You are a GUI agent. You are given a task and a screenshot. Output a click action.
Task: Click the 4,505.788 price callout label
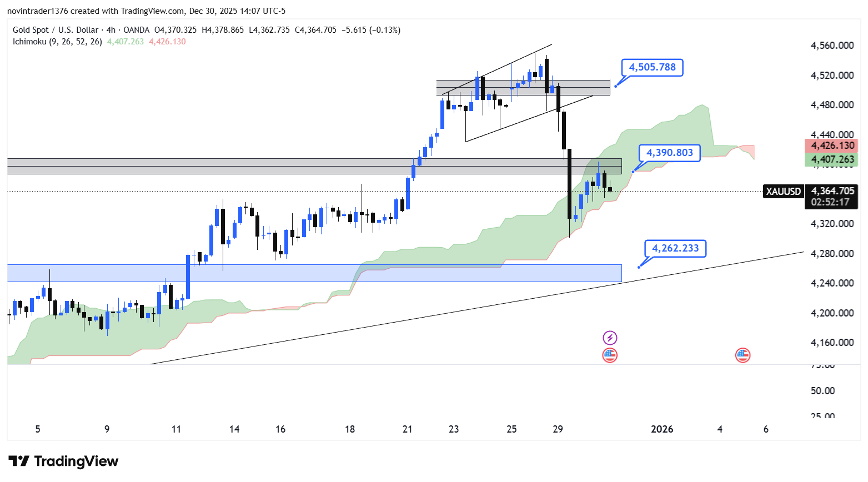[652, 68]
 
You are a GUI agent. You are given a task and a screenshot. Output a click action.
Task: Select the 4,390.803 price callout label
[669, 153]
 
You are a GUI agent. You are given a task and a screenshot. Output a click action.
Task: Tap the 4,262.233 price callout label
[675, 248]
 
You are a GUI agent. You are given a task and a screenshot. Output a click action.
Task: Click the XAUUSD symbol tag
[784, 192]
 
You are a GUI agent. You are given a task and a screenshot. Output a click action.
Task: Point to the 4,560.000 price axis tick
[832, 46]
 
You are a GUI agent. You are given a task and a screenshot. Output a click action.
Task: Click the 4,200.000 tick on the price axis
[832, 313]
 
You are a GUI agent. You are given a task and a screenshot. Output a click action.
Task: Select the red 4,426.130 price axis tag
[832, 146]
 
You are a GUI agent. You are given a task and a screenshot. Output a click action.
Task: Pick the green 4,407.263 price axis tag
[832, 160]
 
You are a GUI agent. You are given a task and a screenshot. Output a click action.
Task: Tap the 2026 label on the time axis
[662, 429]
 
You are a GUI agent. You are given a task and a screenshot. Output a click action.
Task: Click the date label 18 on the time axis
[350, 429]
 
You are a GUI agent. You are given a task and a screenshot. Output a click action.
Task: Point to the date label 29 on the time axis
[558, 429]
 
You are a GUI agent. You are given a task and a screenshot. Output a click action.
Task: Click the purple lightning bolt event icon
[610, 338]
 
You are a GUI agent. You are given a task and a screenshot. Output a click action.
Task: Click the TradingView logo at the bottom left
[64, 461]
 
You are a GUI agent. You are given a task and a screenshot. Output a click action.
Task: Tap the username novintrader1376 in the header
[37, 11]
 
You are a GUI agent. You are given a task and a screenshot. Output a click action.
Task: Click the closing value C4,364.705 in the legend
[315, 30]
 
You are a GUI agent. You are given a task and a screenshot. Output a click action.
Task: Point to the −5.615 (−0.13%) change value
[370, 30]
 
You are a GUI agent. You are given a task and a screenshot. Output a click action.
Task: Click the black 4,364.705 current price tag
[832, 191]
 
